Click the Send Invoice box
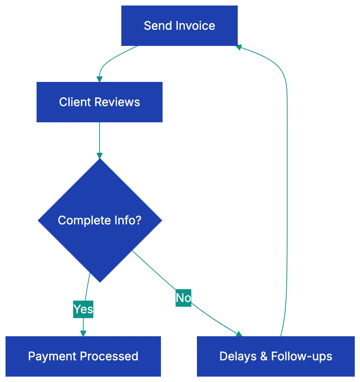click(x=179, y=25)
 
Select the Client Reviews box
click(x=99, y=102)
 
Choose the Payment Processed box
click(x=83, y=356)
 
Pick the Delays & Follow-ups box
click(x=276, y=356)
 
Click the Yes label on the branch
click(x=83, y=309)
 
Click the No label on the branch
click(x=183, y=298)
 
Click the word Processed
click(x=109, y=356)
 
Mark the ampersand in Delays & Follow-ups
click(x=264, y=356)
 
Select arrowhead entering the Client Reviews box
click(x=98, y=78)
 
